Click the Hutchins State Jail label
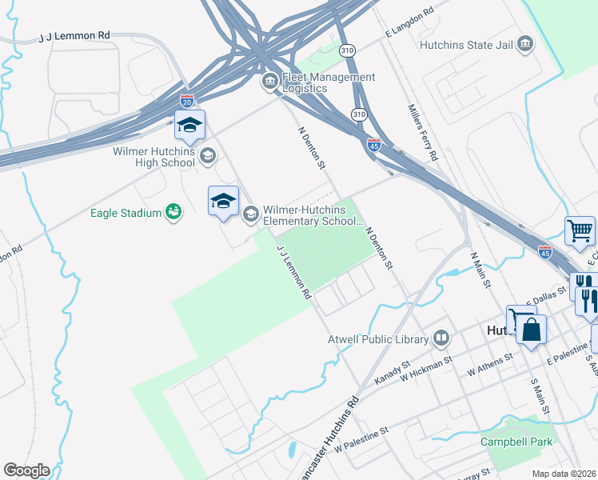coord(467,45)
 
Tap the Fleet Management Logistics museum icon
coord(270,82)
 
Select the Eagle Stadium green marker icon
coord(173,211)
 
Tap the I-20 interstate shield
coord(187,101)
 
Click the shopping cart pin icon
coord(580,231)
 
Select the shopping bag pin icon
coord(531,329)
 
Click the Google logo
coord(26,470)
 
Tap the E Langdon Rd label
coord(409,22)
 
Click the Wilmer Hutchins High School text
coord(153,157)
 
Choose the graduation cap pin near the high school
coord(189,125)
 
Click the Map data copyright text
coord(564,473)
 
